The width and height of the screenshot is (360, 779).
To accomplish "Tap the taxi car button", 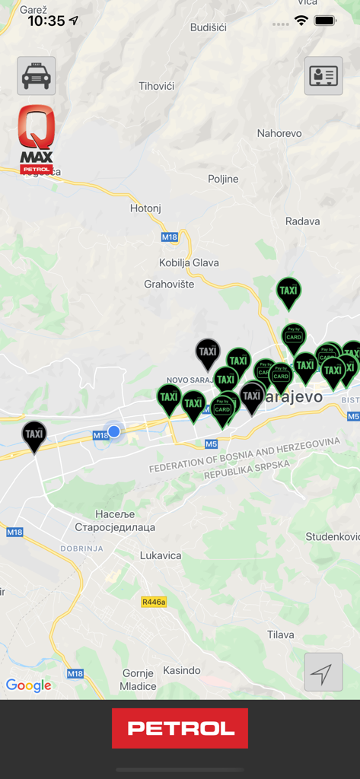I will coord(36,75).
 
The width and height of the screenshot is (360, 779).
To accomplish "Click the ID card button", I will coord(323,75).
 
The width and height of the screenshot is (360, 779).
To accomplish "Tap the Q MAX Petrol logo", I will coord(37,140).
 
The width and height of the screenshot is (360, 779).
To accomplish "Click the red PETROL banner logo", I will coord(180,728).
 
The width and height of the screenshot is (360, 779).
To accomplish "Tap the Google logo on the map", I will coord(29,685).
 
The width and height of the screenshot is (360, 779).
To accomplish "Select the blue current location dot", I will coord(114,431).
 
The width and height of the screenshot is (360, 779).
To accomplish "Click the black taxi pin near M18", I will coord(33,436).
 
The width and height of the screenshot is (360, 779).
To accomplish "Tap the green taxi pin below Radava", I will coord(288,292).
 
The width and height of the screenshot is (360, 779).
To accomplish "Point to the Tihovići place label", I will coord(156,86).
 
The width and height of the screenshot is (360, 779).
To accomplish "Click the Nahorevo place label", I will coord(279,133).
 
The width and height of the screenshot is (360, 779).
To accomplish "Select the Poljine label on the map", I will coord(223,179).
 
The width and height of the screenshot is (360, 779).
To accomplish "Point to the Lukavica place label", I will coord(161,555).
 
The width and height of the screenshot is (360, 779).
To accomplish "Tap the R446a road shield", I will coord(154,601).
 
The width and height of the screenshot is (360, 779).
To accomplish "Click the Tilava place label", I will coord(280,634).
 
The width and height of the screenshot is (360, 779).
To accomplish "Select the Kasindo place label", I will coord(181,670).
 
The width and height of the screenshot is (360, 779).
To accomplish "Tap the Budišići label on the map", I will coord(208,27).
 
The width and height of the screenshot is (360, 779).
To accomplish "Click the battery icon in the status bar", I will coord(326,21).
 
